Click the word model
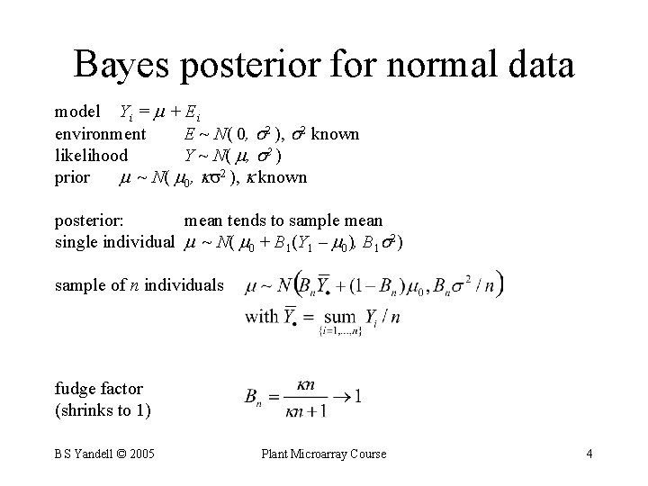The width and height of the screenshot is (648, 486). tap(77, 112)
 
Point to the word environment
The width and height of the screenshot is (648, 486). tap(100, 134)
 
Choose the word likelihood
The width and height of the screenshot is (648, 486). tap(91, 156)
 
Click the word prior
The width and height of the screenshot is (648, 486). tap(72, 177)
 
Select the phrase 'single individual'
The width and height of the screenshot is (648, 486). tap(114, 242)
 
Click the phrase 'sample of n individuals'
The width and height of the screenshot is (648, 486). tap(139, 285)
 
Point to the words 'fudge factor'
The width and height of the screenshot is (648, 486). tap(99, 390)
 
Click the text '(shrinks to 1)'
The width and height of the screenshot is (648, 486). tap(103, 411)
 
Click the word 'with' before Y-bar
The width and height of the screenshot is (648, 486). tap(261, 316)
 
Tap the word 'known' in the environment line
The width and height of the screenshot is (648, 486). tap(335, 134)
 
